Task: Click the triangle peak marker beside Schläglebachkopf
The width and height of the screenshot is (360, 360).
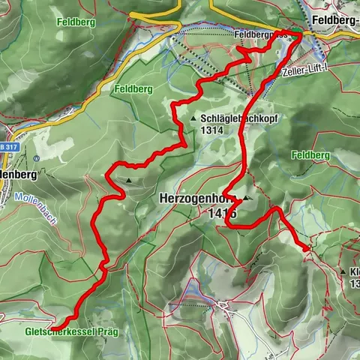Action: [193, 118]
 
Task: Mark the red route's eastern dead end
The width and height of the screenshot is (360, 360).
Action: [308, 247]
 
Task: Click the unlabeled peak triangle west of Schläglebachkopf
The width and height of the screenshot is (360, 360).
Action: [129, 181]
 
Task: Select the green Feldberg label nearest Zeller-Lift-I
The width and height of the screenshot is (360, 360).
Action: [309, 154]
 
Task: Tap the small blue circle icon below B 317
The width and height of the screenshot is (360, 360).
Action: [37, 158]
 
